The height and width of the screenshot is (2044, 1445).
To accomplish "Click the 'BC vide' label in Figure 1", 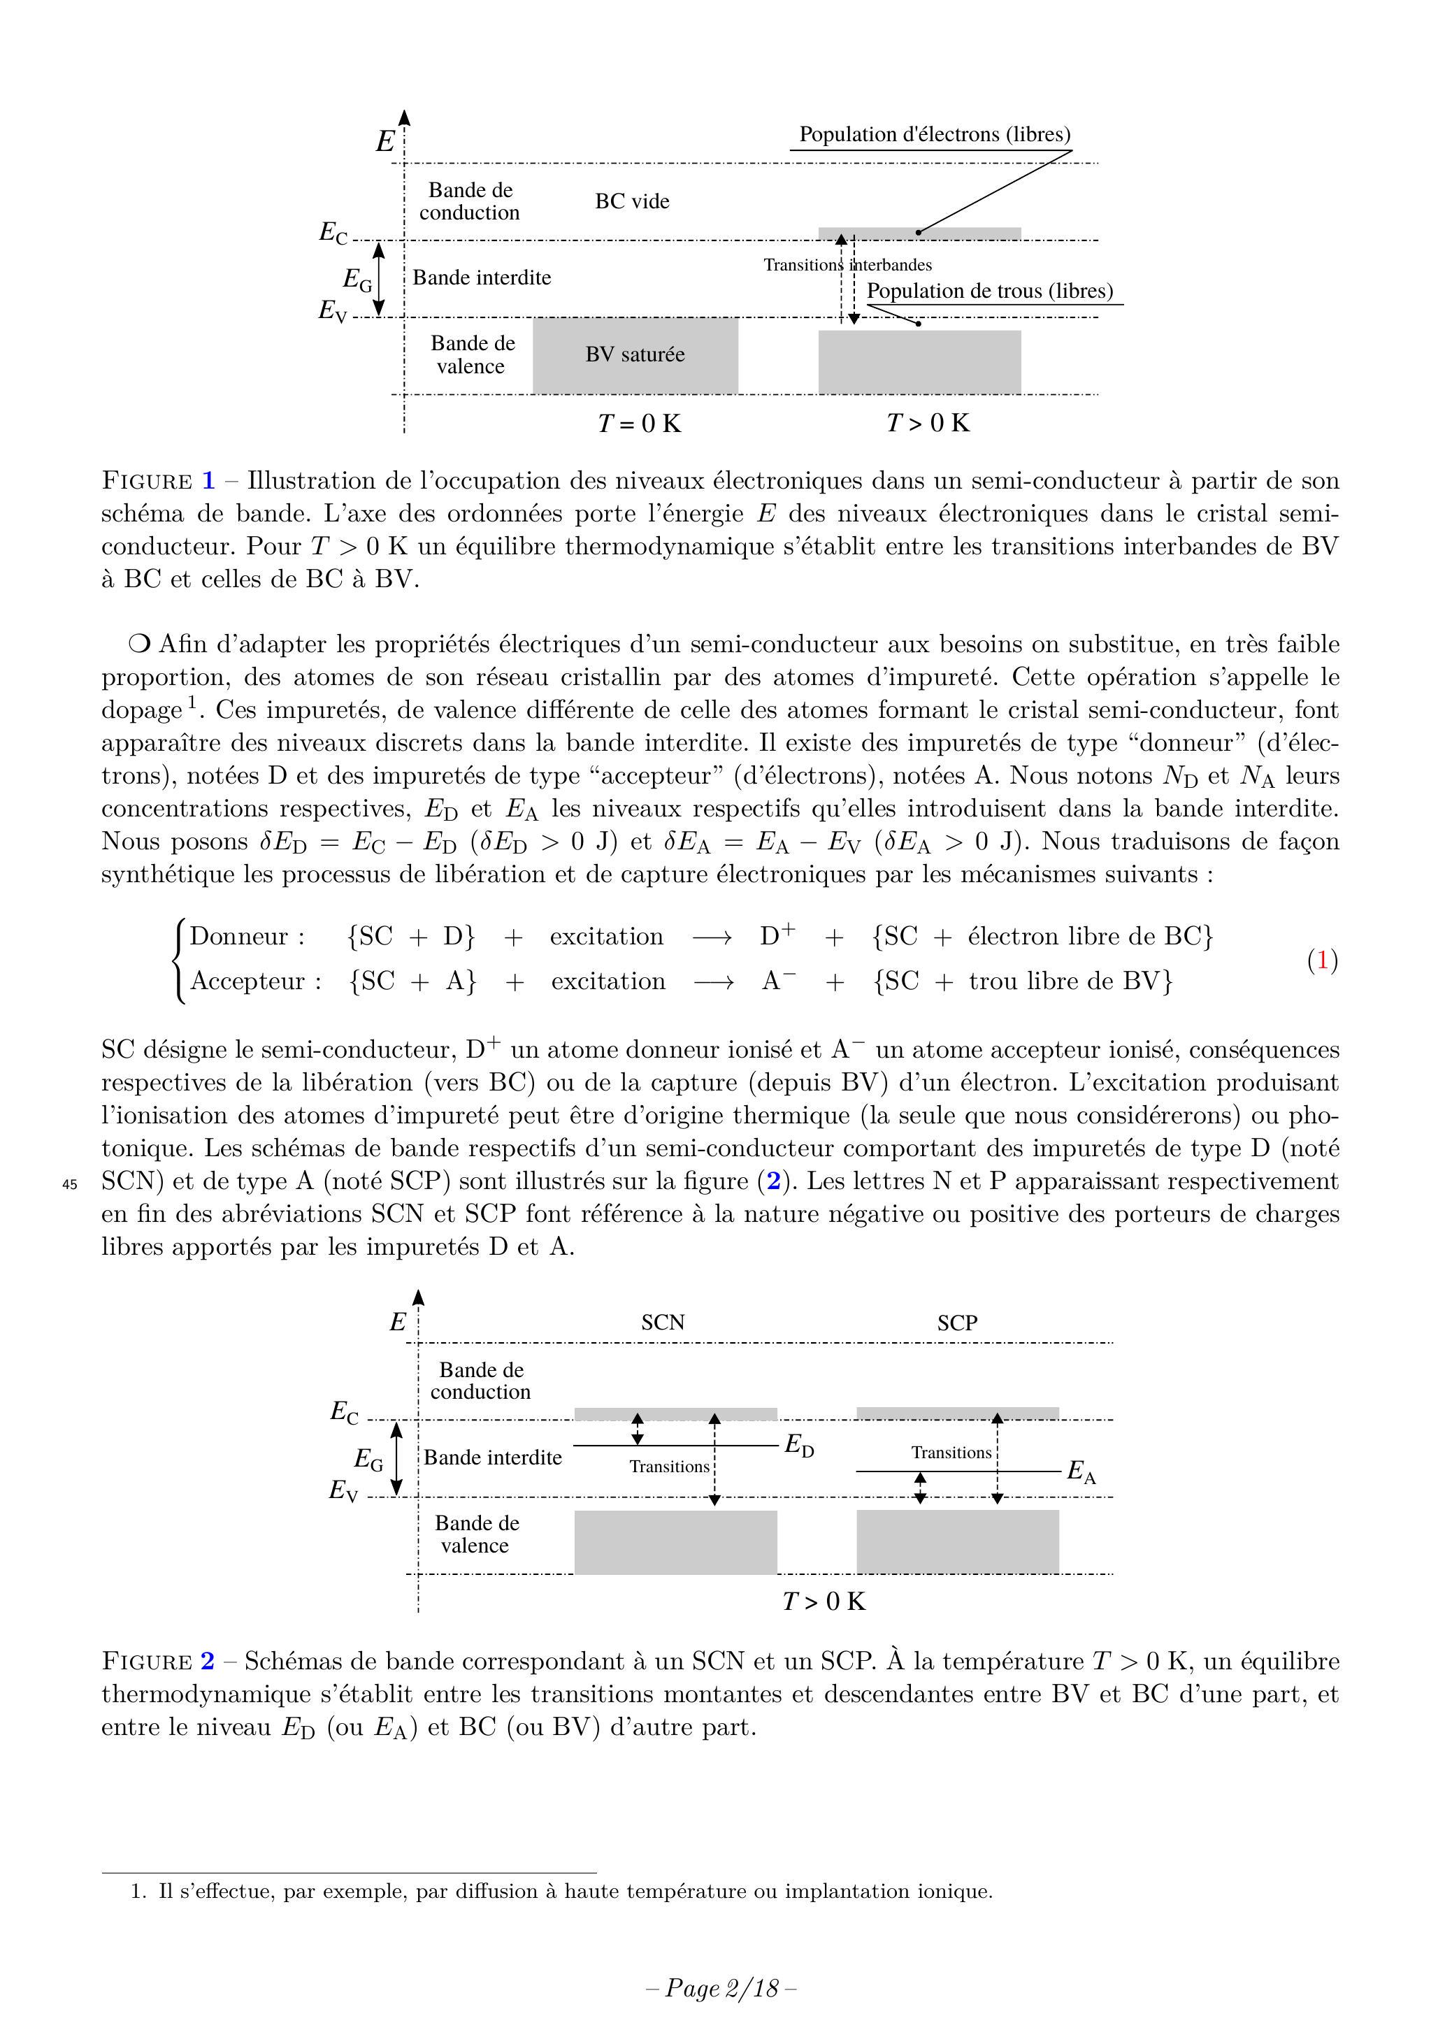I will [632, 201].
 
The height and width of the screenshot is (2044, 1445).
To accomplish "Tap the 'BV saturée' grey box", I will [635, 354].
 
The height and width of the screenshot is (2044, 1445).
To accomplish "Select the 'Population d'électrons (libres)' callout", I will [934, 134].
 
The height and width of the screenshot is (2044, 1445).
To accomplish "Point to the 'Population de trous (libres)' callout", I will [989, 291].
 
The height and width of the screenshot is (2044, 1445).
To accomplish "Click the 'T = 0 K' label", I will [639, 423].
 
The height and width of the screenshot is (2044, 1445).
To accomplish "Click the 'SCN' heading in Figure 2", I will [663, 1322].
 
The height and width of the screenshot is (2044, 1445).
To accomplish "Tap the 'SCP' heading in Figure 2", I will [957, 1323].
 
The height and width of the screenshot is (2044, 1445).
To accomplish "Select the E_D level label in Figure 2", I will [798, 1446].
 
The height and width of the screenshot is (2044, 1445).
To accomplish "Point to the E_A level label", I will [1081, 1471].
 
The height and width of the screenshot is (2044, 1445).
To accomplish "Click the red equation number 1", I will [1322, 960].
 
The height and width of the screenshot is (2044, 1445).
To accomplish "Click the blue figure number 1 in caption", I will [208, 481].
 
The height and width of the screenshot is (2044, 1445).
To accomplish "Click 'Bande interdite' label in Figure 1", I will [482, 278].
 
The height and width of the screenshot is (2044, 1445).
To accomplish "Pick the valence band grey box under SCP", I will [957, 1542].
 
